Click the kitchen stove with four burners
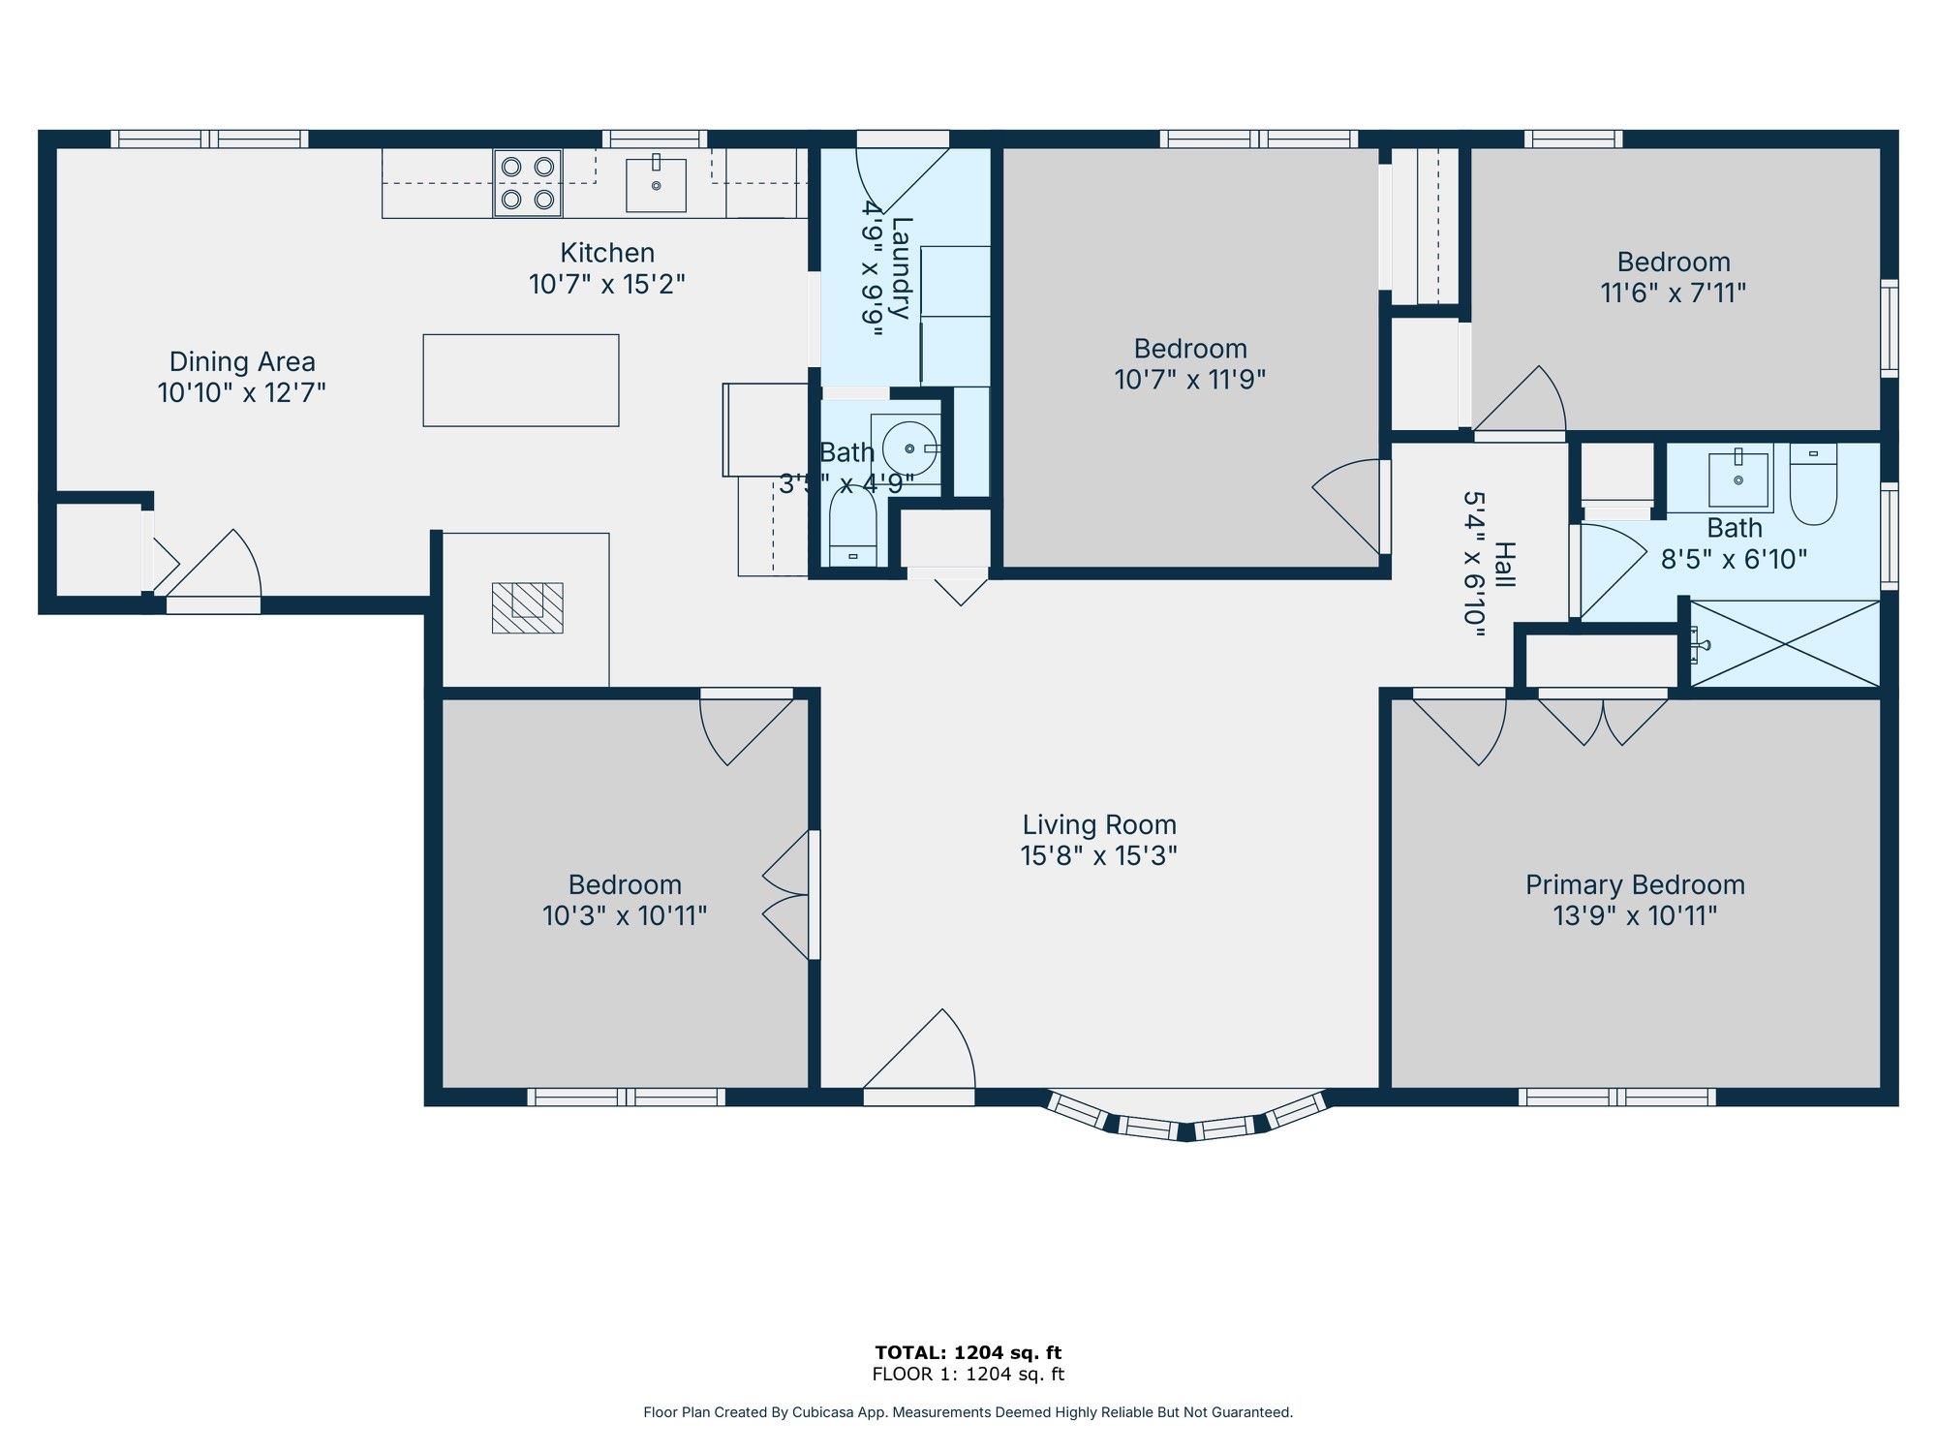coord(528,182)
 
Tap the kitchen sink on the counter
coord(656,185)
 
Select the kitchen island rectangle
coord(521,380)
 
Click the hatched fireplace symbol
coord(527,607)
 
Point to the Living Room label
coord(1099,825)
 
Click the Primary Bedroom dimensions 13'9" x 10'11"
coord(1635,915)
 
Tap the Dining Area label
coord(242,362)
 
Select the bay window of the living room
coord(1186,1119)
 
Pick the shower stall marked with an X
coord(1785,644)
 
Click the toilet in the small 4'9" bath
coord(853,528)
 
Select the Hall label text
coord(1503,565)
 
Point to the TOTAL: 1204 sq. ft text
coord(968,1352)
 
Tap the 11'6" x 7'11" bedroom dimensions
coord(1673,293)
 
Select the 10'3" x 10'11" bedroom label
coord(625,885)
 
